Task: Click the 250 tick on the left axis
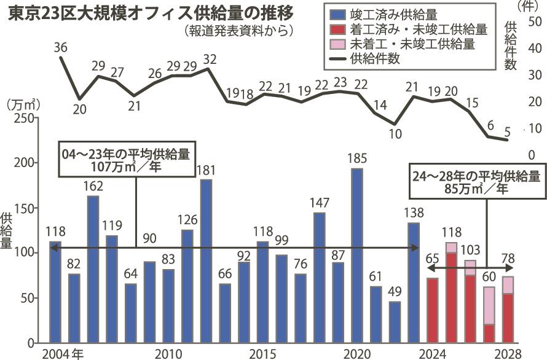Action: [25, 118]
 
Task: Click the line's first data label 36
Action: [60, 47]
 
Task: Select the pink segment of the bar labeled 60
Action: [489, 305]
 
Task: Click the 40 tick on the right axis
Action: [534, 47]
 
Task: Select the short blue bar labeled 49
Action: [395, 321]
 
